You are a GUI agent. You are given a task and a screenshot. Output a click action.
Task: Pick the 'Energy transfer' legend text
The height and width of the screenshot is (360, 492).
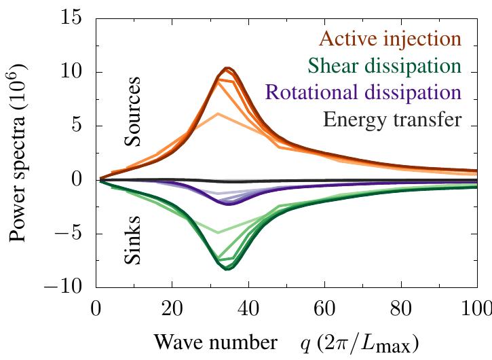tap(393, 120)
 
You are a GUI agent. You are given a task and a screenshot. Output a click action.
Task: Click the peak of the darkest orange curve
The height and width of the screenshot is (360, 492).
tap(228, 67)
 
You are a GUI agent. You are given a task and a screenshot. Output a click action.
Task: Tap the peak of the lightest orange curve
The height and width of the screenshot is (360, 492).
tap(217, 113)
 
